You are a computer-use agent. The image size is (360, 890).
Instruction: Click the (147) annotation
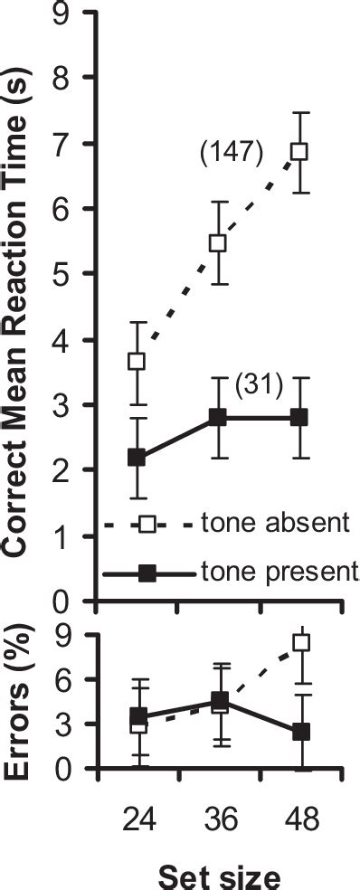[x=231, y=155]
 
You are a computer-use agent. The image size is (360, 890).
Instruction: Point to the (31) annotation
[x=260, y=386]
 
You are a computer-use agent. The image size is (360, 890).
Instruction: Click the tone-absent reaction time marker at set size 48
[x=298, y=151]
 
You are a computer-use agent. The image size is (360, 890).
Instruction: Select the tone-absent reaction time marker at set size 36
[x=218, y=242]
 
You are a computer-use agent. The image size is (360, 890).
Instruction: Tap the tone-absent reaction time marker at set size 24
[x=137, y=361]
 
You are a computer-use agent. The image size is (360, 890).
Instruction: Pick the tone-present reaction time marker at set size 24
[x=137, y=458]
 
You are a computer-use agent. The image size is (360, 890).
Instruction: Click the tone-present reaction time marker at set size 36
[x=218, y=417]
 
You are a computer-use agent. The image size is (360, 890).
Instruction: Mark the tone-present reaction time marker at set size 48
[x=298, y=417]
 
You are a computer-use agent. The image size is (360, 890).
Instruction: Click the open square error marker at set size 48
[x=301, y=643]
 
